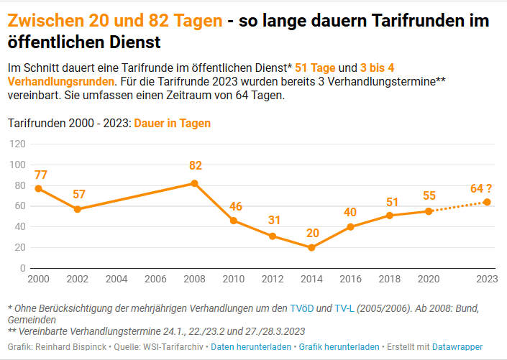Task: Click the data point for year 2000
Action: coord(38,188)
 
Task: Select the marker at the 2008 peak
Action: coord(195,183)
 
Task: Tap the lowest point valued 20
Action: coord(311,247)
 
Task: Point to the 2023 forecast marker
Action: coord(487,202)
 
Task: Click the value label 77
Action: coord(40,175)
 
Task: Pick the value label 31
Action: coord(274,220)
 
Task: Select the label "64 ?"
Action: coord(481,188)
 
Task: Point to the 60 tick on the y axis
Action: coord(20,206)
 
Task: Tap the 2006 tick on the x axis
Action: coord(155,278)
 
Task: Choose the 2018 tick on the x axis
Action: coord(390,278)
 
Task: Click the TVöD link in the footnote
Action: coord(302,308)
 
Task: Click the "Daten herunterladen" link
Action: coord(251,347)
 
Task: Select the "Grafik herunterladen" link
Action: coord(339,347)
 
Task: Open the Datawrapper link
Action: coord(457,347)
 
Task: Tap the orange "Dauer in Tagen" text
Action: coord(173,123)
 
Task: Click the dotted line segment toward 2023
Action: coord(458,207)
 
